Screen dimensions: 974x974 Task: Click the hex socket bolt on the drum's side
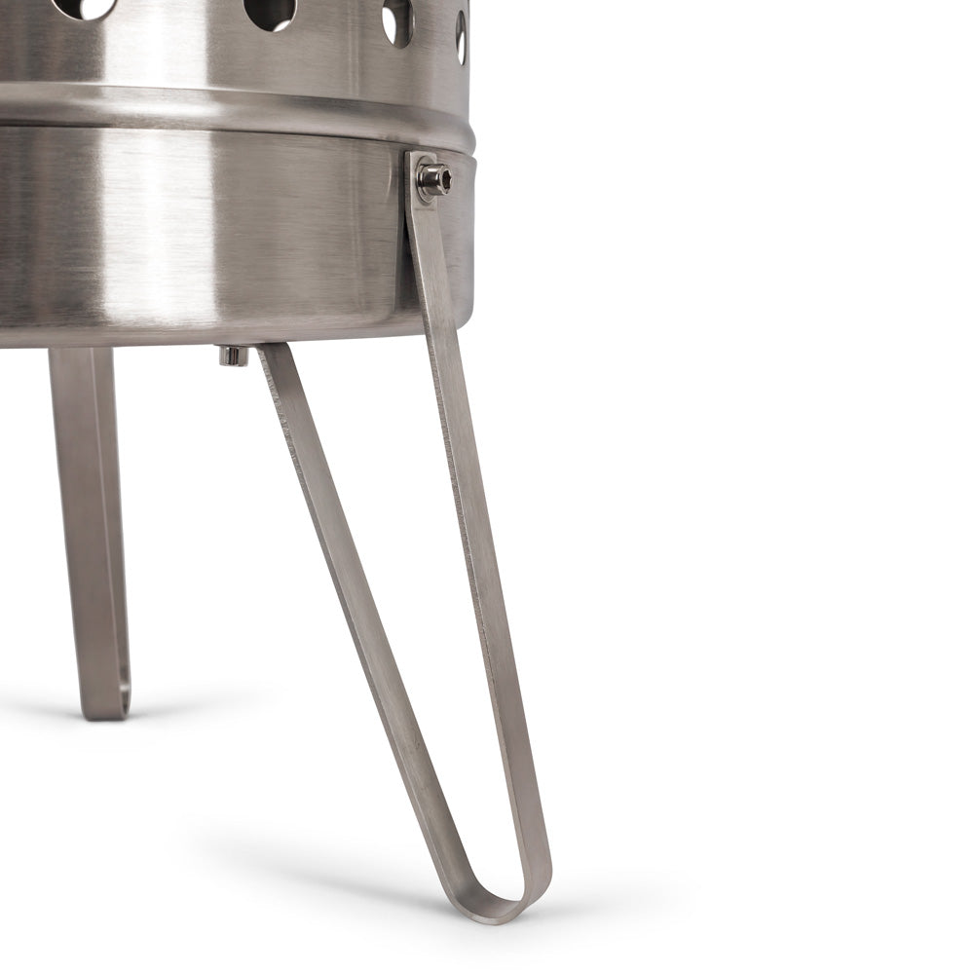point(434,178)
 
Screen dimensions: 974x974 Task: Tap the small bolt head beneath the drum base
point(233,356)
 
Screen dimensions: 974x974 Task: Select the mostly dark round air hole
point(270,13)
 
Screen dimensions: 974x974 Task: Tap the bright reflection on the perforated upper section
point(175,44)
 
